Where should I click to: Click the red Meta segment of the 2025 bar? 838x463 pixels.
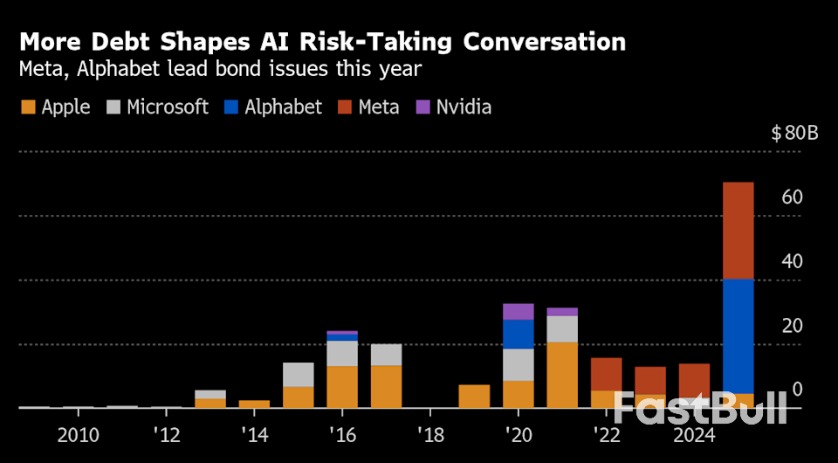(738, 231)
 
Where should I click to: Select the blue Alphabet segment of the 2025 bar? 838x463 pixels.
(738, 336)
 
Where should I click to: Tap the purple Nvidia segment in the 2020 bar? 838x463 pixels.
(519, 311)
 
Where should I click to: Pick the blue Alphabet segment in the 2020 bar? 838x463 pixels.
(519, 334)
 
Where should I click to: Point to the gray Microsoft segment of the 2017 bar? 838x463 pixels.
(386, 355)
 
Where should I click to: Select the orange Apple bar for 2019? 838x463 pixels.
(474, 396)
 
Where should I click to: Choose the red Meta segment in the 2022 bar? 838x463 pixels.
(606, 374)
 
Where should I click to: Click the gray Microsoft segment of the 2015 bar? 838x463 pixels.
(299, 374)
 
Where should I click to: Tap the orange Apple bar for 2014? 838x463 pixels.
(254, 404)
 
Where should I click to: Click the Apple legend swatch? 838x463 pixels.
(27, 107)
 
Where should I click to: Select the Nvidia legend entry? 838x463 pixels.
(453, 107)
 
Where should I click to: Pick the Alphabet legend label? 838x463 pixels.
(284, 107)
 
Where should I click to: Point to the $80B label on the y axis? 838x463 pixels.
(794, 134)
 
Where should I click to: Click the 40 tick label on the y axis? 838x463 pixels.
(792, 261)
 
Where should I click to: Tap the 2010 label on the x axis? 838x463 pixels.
(79, 434)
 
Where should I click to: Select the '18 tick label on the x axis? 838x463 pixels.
(430, 434)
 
